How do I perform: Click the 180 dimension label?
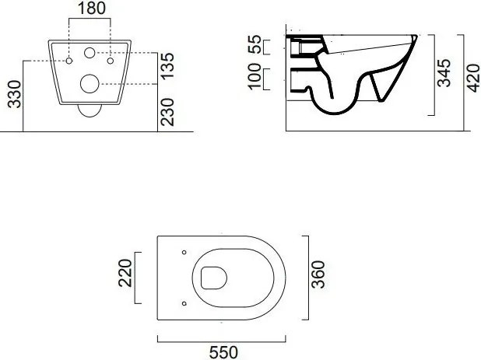pyautogui.click(x=91, y=9)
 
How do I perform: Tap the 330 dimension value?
pyautogui.click(x=15, y=94)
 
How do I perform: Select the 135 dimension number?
pyautogui.click(x=167, y=66)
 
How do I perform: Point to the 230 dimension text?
pyautogui.click(x=167, y=112)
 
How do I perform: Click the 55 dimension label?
pyautogui.click(x=255, y=44)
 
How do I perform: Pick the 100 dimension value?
pyautogui.click(x=255, y=77)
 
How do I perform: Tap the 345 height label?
pyautogui.click(x=444, y=73)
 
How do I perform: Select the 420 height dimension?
pyautogui.click(x=472, y=78)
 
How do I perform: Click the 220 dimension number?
pyautogui.click(x=125, y=273)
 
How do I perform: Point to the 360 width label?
pyautogui.click(x=318, y=274)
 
